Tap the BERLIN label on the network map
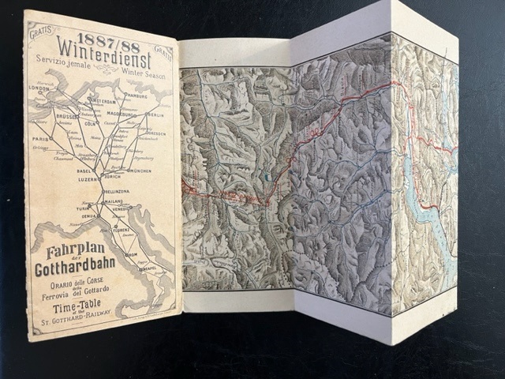coord(154,114)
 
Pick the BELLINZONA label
coord(116,192)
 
